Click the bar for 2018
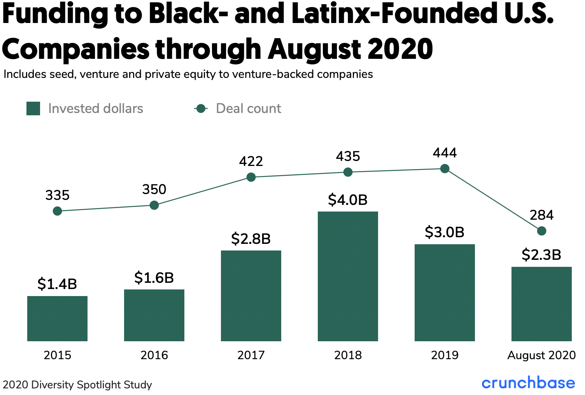point(348,276)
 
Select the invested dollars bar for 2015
point(57,318)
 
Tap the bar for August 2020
point(541,304)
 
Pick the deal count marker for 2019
point(445,169)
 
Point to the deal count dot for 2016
point(154,205)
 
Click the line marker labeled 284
point(541,231)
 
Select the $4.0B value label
point(348,200)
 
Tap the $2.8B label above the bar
point(251,239)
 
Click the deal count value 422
point(251,161)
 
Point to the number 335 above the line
point(57,195)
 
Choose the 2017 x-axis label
point(251,355)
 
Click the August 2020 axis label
point(541,355)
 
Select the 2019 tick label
point(445,355)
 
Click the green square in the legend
point(33,109)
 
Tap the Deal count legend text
point(249,109)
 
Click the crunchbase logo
point(528,383)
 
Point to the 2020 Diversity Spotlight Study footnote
point(77,385)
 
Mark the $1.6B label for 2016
point(154,278)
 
